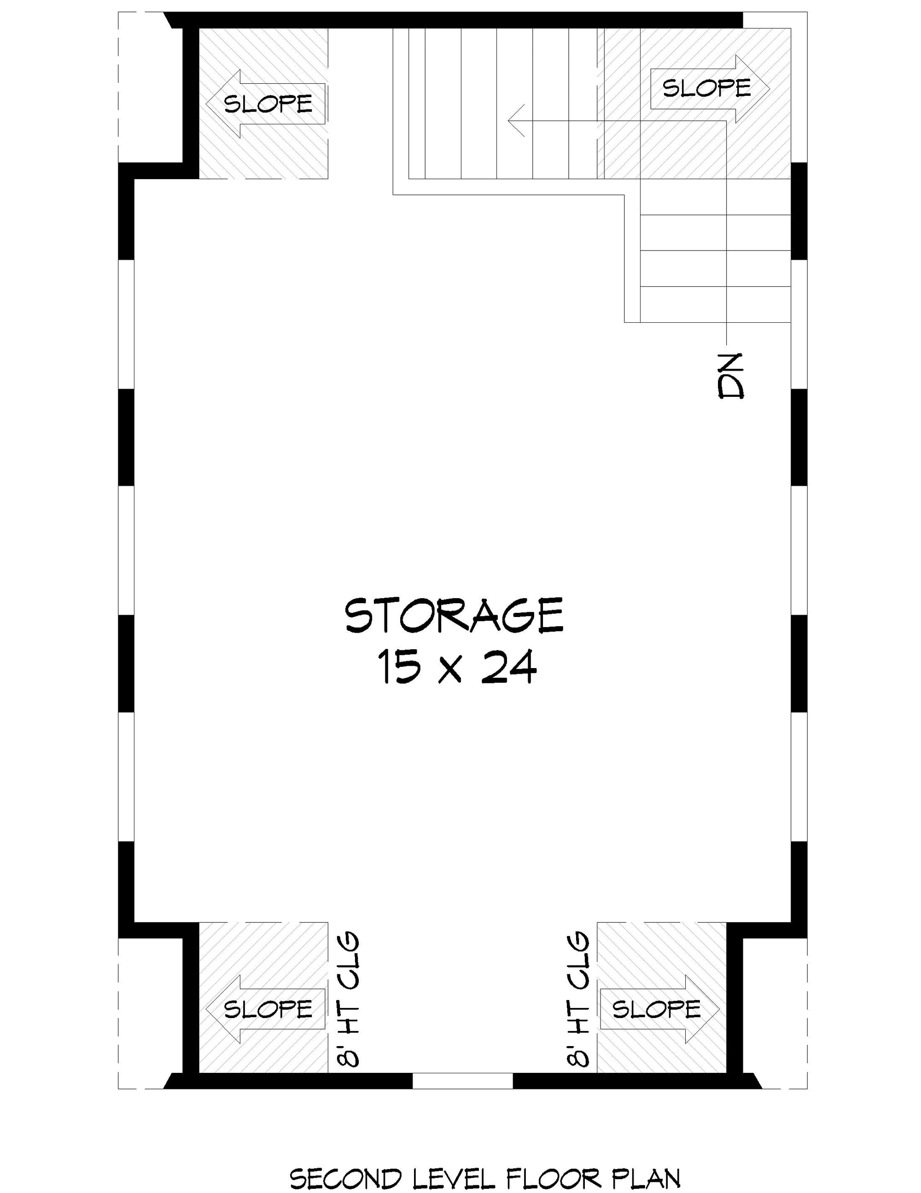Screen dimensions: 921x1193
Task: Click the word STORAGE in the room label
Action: [454, 615]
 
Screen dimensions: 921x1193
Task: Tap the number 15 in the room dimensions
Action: [398, 668]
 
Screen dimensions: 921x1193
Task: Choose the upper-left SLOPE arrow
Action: [266, 104]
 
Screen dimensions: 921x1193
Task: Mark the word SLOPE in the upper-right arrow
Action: [707, 88]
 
